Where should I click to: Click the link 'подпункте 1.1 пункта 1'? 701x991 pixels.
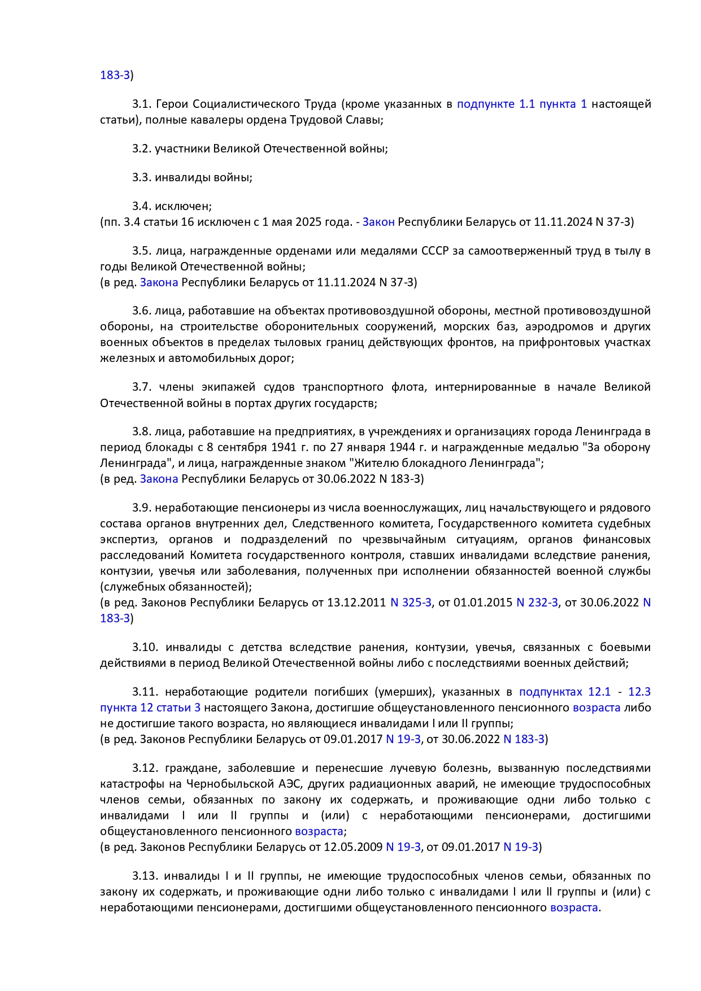(x=522, y=104)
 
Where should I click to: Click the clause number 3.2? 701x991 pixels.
(x=142, y=149)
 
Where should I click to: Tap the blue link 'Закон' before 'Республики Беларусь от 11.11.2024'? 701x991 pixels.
(x=378, y=222)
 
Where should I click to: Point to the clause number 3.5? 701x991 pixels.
(x=142, y=251)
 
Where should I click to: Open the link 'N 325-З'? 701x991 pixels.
(x=411, y=603)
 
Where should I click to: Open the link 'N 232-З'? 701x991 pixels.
(x=537, y=603)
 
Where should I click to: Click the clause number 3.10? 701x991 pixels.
(x=145, y=647)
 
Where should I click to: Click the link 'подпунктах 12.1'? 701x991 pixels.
(x=565, y=692)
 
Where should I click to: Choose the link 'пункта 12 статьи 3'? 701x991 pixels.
(x=150, y=708)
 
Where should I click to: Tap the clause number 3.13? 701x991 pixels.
(x=145, y=876)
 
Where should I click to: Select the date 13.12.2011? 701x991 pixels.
(x=356, y=603)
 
